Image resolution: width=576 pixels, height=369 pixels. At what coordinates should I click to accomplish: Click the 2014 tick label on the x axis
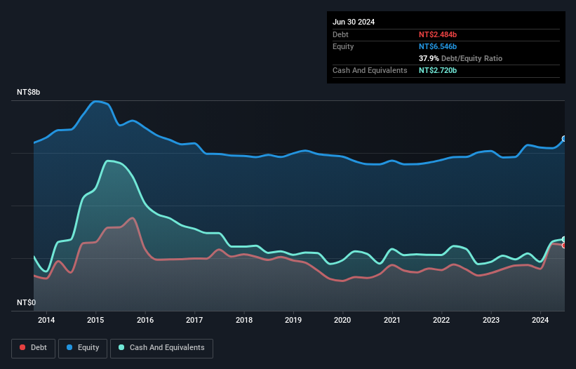click(46, 320)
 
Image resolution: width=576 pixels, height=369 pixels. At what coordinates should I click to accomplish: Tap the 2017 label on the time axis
click(194, 320)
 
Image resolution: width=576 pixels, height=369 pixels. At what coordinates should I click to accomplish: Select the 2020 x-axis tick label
click(342, 320)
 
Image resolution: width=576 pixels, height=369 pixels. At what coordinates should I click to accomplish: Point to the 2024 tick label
click(540, 320)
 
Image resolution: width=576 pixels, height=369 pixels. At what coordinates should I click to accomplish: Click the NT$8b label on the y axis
click(28, 92)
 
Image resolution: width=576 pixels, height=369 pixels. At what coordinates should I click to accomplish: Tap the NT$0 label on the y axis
click(26, 302)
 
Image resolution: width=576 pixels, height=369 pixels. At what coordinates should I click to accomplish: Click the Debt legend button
click(33, 348)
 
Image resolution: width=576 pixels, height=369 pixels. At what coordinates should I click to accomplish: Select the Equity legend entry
click(83, 348)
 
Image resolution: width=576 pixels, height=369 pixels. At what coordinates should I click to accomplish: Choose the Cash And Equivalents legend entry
click(161, 348)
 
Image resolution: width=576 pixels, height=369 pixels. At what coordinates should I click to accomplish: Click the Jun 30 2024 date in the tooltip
click(354, 22)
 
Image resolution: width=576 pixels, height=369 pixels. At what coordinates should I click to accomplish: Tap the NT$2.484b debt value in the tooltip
click(438, 34)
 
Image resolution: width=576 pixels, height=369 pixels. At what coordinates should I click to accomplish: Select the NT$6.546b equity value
click(438, 46)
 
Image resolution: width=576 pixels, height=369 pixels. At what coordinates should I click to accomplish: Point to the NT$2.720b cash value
click(438, 70)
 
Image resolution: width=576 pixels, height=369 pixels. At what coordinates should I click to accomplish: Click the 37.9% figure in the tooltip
click(429, 58)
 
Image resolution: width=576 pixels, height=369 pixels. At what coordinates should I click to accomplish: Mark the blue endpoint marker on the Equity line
click(564, 139)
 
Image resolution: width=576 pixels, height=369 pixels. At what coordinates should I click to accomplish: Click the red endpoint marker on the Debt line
click(564, 246)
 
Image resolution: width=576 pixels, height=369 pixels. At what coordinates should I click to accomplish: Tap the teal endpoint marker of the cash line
click(564, 239)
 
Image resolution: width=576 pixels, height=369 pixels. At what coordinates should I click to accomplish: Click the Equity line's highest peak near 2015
click(96, 101)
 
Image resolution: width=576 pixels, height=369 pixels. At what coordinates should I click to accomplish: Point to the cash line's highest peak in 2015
click(108, 161)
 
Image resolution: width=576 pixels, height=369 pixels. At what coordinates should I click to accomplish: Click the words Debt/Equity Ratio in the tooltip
click(471, 58)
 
